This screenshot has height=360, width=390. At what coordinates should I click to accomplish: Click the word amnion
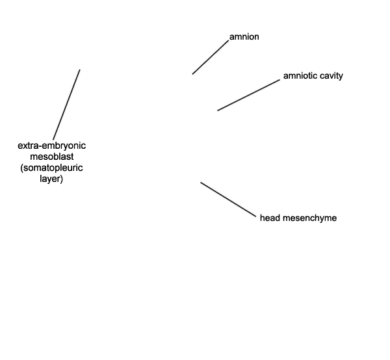(244, 37)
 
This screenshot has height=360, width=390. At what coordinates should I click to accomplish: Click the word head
(270, 218)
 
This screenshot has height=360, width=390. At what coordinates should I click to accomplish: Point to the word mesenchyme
(309, 218)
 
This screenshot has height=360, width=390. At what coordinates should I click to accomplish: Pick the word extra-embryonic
(52, 146)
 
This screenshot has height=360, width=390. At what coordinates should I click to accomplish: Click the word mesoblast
(52, 157)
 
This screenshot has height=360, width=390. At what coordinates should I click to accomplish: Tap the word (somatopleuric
(51, 168)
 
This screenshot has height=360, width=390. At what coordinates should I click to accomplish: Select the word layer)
(51, 179)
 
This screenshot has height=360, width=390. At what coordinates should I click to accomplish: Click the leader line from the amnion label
(211, 57)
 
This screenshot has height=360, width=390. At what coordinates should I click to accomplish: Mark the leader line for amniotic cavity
(249, 96)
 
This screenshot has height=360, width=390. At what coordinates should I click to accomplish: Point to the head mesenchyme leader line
(228, 199)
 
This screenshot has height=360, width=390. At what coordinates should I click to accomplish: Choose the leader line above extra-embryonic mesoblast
(66, 105)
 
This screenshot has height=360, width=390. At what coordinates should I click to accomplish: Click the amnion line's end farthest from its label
(192, 74)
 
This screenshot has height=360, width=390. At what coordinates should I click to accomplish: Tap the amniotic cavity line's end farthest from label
(218, 110)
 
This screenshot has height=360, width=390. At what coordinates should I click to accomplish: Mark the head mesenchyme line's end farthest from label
(201, 183)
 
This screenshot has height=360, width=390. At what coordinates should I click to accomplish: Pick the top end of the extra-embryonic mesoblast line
(79, 70)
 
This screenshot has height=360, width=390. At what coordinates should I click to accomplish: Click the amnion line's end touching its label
(228, 40)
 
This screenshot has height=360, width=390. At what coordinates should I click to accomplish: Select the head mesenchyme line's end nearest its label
(255, 217)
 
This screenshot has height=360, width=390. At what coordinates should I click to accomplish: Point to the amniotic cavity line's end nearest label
(279, 80)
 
